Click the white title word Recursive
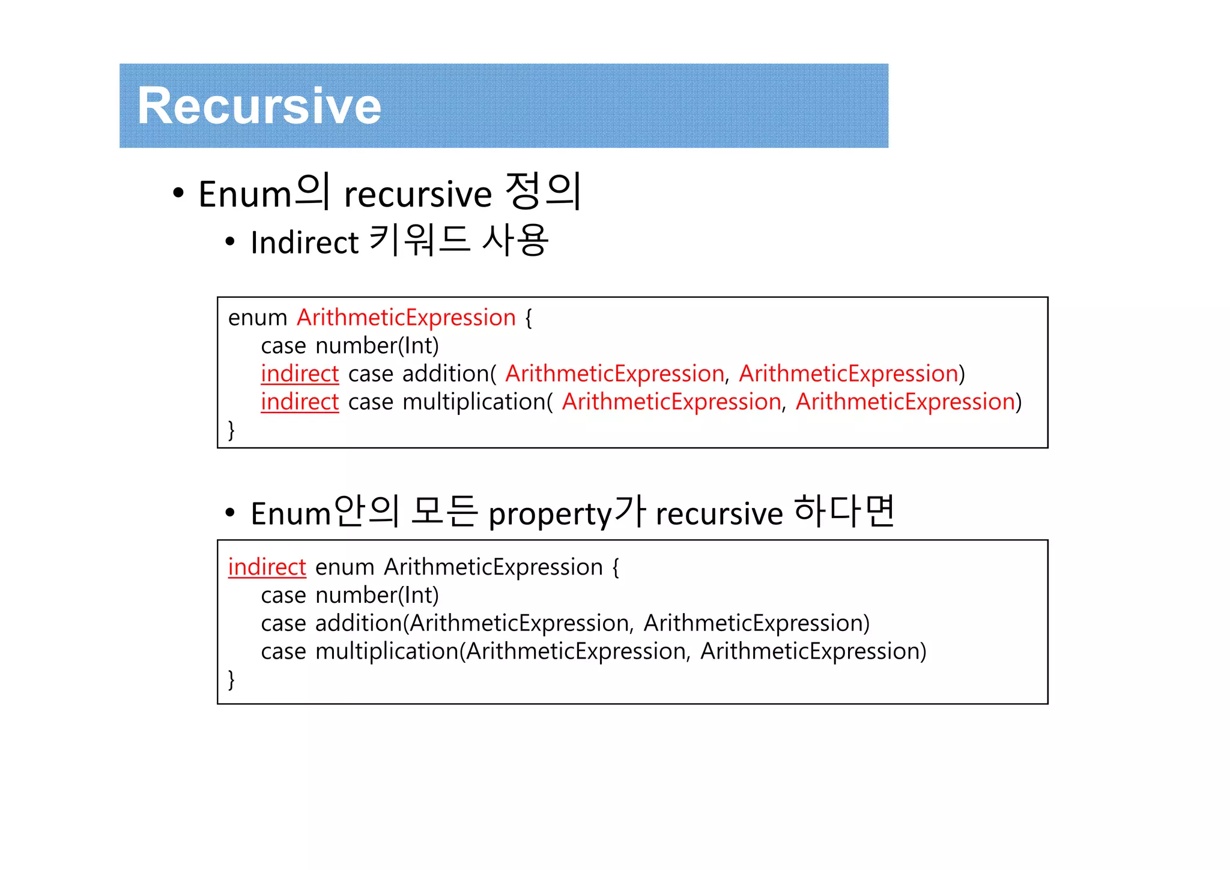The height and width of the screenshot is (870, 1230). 259,106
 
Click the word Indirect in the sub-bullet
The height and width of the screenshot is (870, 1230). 304,243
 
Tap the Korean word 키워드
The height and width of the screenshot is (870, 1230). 419,240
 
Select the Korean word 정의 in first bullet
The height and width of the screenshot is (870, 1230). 543,192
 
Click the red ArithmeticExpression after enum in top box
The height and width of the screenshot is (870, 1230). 406,318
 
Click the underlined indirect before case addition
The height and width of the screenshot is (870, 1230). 300,374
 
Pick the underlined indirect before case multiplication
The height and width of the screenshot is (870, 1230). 300,402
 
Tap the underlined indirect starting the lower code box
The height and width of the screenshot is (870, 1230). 267,567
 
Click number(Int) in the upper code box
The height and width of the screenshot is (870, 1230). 377,346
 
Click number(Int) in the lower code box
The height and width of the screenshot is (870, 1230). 377,596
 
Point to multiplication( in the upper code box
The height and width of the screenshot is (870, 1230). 477,402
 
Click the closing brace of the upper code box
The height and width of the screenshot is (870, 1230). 231,430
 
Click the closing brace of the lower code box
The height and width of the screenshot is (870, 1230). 231,680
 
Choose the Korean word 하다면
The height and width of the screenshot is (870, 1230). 844,512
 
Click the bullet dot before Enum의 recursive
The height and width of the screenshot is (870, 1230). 178,193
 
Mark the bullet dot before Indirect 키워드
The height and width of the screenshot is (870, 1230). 229,243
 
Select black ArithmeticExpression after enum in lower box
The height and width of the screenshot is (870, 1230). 493,567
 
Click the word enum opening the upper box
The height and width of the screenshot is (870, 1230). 257,318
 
